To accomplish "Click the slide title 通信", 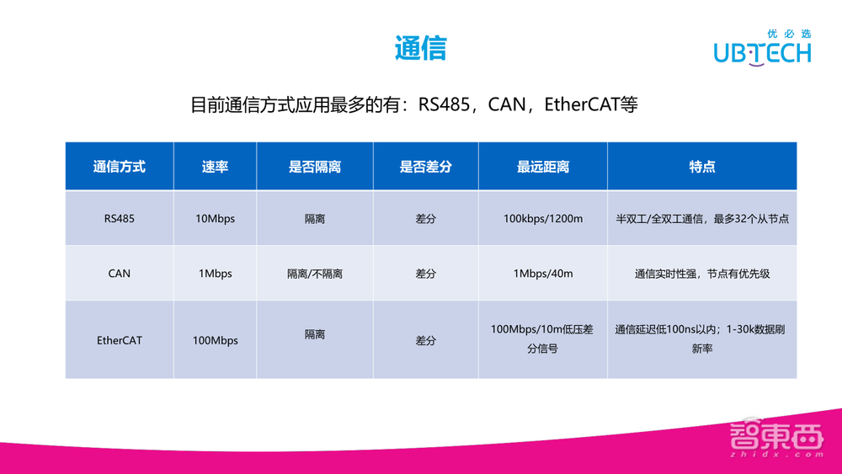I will pyautogui.click(x=421, y=47).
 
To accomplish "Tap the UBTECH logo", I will pyautogui.click(x=762, y=49).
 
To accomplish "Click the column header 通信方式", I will pyautogui.click(x=119, y=167).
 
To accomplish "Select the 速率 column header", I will pyautogui.click(x=215, y=167).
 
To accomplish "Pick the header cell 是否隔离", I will pyautogui.click(x=315, y=167).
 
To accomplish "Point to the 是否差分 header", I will pyautogui.click(x=425, y=167).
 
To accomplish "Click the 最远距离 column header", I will pyautogui.click(x=543, y=167).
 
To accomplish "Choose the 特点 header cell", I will pyautogui.click(x=701, y=167).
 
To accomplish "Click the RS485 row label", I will pyautogui.click(x=119, y=219).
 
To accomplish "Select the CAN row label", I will pyautogui.click(x=119, y=274).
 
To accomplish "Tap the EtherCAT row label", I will pyautogui.click(x=119, y=341).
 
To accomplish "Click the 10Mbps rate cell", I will pyautogui.click(x=215, y=219).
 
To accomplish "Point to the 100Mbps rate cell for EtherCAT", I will pyautogui.click(x=215, y=341).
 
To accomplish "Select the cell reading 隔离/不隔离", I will pyautogui.click(x=315, y=274).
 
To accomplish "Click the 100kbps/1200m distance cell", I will pyautogui.click(x=543, y=219).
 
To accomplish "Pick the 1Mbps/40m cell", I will pyautogui.click(x=543, y=274).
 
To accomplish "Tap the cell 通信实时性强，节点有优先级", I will pyautogui.click(x=701, y=274).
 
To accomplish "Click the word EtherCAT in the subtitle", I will pyautogui.click(x=581, y=105).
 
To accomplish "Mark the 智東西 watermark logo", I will pyautogui.click(x=775, y=440).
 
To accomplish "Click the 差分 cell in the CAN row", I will pyautogui.click(x=425, y=274).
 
